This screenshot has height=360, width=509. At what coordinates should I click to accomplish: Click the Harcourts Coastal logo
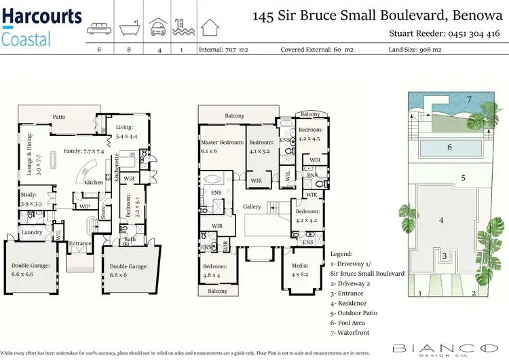[42, 26]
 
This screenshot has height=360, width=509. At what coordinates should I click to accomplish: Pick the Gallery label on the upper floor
[252, 206]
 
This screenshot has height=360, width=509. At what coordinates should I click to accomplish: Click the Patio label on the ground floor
[60, 117]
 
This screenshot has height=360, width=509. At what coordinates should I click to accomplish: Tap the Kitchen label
[94, 182]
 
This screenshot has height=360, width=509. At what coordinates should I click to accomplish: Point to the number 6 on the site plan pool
[449, 147]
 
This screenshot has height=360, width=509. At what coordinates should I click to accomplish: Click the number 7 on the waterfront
[468, 100]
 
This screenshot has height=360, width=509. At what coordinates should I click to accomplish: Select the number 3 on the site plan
[444, 256]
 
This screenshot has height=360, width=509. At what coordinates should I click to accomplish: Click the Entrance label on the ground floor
[80, 243]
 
